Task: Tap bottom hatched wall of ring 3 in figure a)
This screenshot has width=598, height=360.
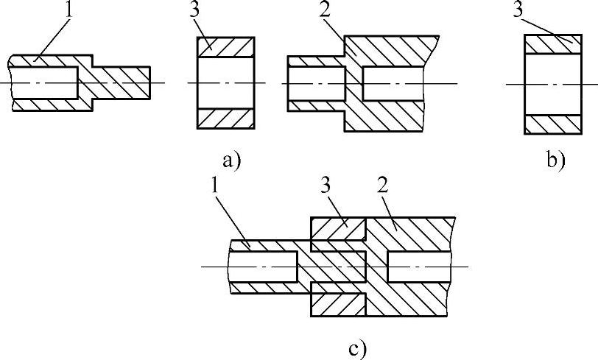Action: pos(225,120)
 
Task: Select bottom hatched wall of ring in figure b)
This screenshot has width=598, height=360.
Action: pos(552,124)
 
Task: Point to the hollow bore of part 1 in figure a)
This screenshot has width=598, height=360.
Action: pos(44,82)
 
